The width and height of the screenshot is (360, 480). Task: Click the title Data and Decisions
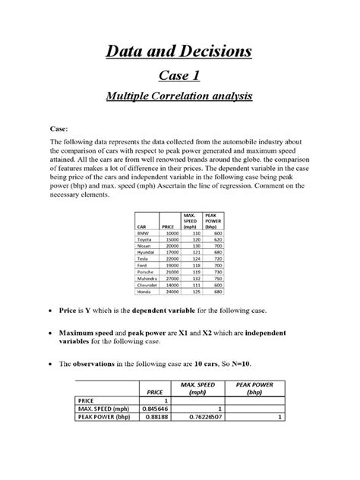click(179, 52)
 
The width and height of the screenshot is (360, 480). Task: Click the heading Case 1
click(179, 77)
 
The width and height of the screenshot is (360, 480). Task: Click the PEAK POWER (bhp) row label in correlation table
click(103, 416)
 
